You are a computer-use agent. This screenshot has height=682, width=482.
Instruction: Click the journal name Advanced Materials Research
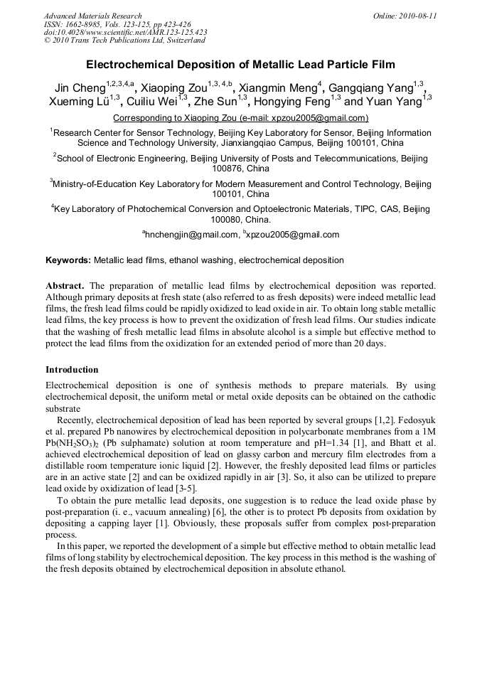point(92,16)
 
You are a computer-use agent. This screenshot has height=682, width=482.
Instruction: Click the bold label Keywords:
point(68,260)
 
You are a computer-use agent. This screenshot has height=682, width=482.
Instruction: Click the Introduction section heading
point(72,370)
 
